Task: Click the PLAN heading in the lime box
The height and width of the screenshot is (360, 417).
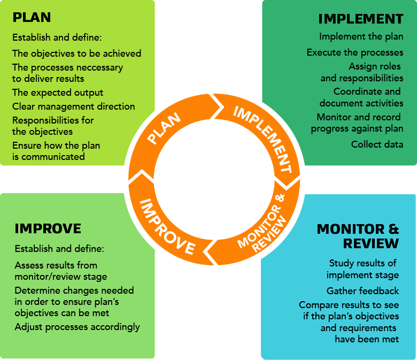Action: pyautogui.click(x=32, y=17)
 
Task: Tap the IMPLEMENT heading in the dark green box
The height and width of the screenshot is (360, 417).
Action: pyautogui.click(x=361, y=19)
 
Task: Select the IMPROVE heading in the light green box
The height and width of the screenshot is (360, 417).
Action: pyautogui.click(x=48, y=228)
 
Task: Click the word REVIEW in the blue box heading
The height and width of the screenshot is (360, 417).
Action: pyautogui.click(x=370, y=243)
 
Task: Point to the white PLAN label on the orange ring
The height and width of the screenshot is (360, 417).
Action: pyautogui.click(x=164, y=128)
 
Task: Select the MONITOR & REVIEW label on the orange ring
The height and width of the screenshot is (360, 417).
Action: pyautogui.click(x=262, y=223)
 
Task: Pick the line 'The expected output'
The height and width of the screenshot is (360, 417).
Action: pyautogui.click(x=57, y=93)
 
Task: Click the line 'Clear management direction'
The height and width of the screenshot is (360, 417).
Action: pyautogui.click(x=73, y=106)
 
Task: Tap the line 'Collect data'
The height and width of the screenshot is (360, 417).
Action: pyautogui.click(x=377, y=144)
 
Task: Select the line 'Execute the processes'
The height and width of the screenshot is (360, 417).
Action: pyautogui.click(x=355, y=52)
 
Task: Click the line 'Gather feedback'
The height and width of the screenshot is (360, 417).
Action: pyautogui.click(x=362, y=291)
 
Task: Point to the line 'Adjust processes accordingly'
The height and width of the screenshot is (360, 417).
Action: pyautogui.click(x=77, y=327)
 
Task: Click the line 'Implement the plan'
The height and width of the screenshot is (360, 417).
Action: pyautogui.click(x=361, y=36)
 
